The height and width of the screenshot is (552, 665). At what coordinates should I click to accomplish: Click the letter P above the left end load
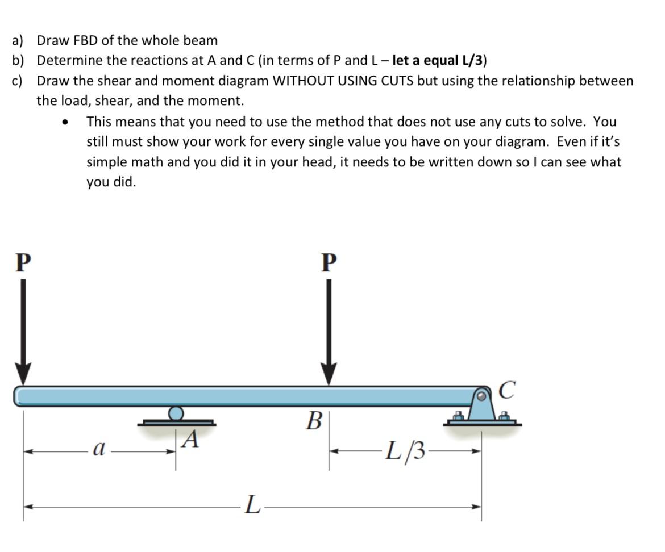coord(22,262)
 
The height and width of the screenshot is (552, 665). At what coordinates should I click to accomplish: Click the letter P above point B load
coord(329,262)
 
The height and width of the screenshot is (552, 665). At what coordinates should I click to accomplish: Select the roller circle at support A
coord(176,413)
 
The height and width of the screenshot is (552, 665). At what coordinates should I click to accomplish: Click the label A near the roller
coord(192,439)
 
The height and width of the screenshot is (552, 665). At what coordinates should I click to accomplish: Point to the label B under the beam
coord(313,421)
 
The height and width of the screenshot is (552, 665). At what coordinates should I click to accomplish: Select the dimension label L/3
coord(405,451)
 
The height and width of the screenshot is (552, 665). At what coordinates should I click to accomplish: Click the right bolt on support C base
coord(503,417)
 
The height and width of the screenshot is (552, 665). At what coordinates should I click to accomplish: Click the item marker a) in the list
coord(18,40)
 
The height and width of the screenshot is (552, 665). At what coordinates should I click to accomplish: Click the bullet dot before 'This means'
coord(67,122)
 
